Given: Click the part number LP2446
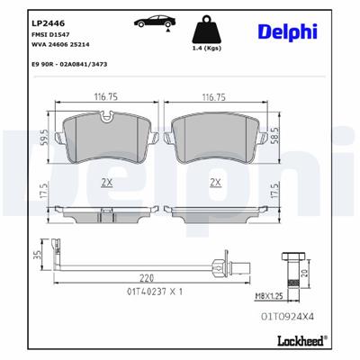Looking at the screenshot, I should (x=45, y=18).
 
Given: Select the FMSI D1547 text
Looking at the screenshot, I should (x=50, y=31).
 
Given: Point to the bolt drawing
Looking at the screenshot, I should (x=290, y=263).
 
